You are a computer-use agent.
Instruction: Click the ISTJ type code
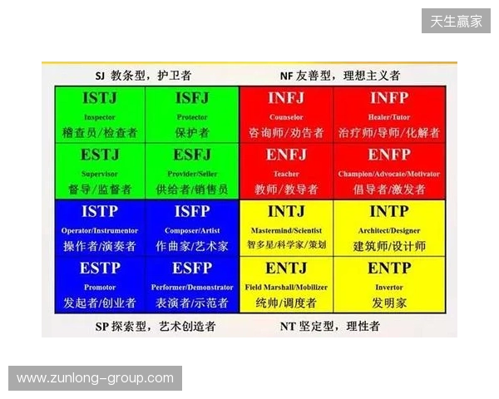(100, 98)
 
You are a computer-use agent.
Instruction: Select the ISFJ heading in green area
(192, 98)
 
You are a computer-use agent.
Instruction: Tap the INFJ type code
(286, 98)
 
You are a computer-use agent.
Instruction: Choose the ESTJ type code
(100, 155)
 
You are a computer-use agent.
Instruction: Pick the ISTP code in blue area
(100, 212)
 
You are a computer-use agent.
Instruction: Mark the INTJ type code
(286, 212)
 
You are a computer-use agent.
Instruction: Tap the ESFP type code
(192, 268)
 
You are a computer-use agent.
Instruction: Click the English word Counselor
(286, 117)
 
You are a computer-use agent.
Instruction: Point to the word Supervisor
(100, 174)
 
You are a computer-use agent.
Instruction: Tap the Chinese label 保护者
(192, 132)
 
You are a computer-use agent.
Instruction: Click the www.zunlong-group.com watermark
(96, 378)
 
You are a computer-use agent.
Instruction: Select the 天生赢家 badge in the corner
(456, 21)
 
